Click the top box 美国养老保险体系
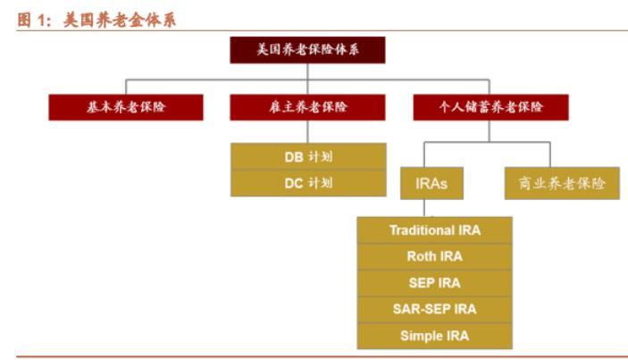click(307, 50)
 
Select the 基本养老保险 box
click(126, 107)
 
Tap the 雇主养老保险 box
click(307, 107)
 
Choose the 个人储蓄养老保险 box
click(490, 107)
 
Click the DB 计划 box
click(308, 156)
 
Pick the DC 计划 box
click(308, 183)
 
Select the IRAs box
click(431, 183)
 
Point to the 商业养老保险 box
click(562, 183)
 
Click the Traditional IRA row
click(434, 230)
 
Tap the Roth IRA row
click(434, 256)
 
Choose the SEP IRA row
click(434, 283)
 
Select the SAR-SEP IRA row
click(434, 309)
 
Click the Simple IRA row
click(434, 336)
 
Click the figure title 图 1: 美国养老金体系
click(96, 20)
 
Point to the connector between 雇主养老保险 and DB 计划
click(307, 131)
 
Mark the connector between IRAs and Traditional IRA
click(424, 208)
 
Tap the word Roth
click(420, 256)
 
